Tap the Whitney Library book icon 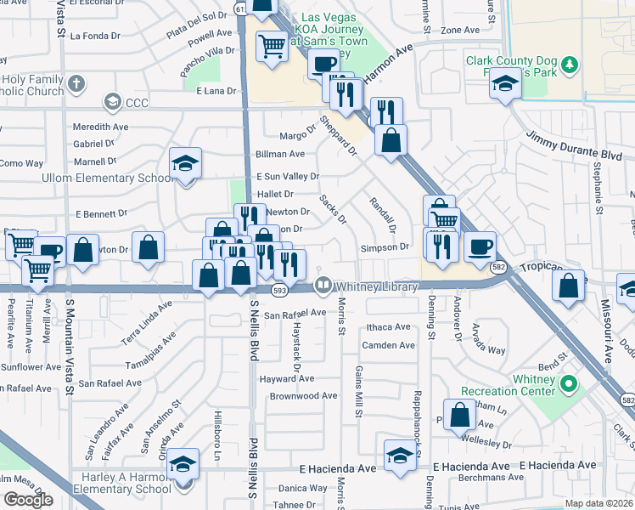323,286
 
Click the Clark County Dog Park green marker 572,65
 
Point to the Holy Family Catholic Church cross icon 76,83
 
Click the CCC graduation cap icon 111,103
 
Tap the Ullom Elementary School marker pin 185,165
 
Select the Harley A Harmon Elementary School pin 183,466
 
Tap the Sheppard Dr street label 340,135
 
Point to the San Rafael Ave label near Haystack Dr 295,314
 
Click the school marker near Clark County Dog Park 506,85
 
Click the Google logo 28,499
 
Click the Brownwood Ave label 303,396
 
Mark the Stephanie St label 598,195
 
